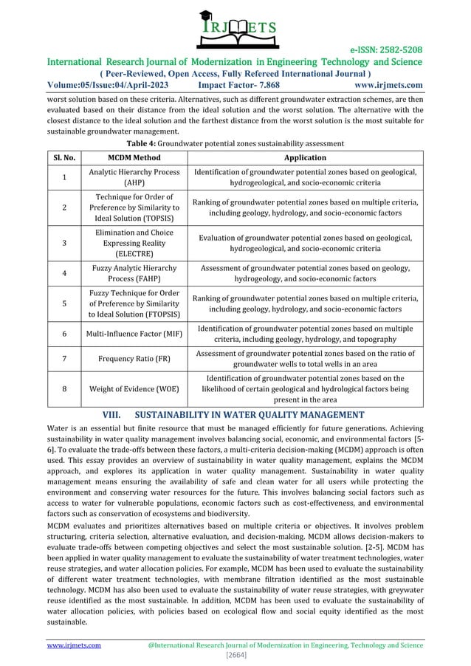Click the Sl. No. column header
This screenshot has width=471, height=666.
(63, 158)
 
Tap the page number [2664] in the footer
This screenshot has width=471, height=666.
(235, 655)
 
